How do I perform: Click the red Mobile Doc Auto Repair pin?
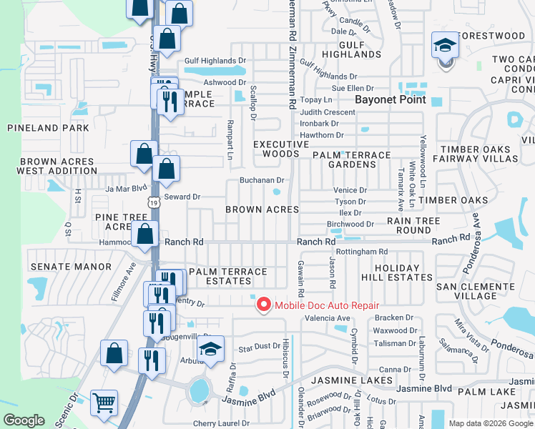point(263,305)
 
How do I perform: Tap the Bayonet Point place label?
point(392,99)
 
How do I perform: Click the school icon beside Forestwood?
point(445,47)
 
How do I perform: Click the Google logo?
point(24,420)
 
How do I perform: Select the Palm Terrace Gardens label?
point(351,159)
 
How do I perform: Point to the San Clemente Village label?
point(476,290)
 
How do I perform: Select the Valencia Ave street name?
point(328,317)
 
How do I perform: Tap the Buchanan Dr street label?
point(262,180)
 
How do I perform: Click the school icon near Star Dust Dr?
point(211,349)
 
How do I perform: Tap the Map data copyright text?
point(491,423)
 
